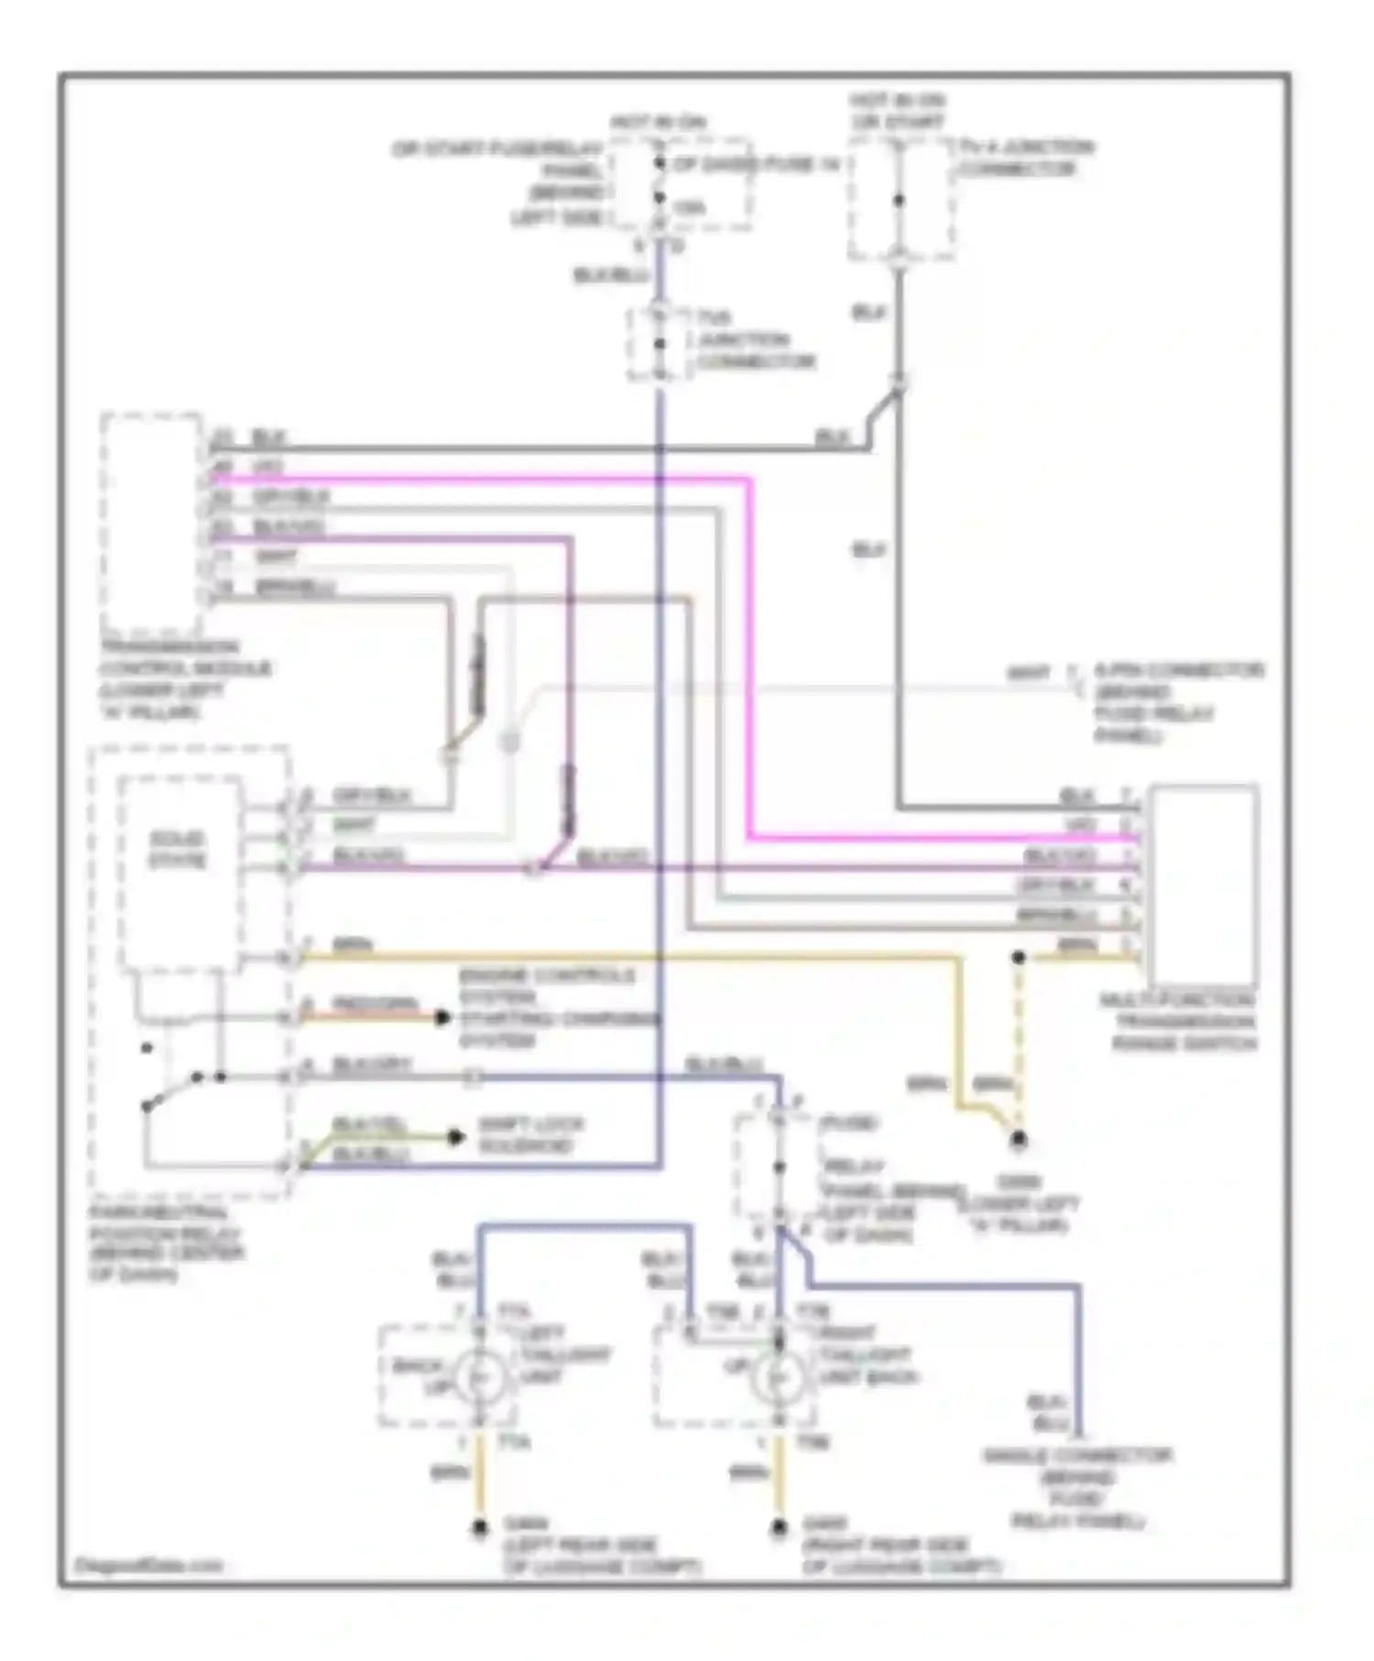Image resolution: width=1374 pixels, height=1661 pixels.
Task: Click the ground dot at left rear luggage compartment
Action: point(479,1528)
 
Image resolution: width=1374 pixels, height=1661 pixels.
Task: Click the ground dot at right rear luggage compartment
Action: point(780,1528)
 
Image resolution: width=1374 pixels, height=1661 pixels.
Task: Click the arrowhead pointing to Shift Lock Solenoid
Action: point(455,1137)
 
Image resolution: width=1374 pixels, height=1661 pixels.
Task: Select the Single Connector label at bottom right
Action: point(1077,1488)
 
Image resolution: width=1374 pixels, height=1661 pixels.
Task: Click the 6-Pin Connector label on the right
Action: point(1177,702)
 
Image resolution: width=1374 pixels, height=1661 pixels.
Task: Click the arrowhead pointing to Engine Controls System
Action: point(442,1017)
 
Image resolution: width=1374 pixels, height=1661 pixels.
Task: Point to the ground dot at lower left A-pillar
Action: point(1018,1140)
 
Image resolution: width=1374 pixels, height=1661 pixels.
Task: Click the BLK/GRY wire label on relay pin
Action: point(371,1065)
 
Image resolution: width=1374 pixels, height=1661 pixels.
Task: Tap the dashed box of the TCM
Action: point(151,522)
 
